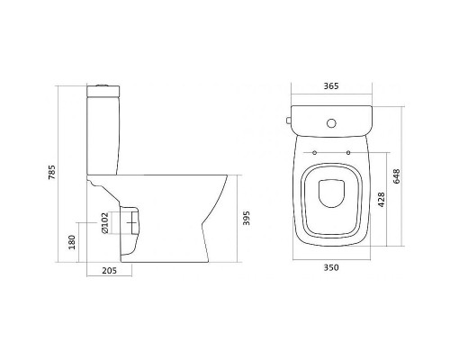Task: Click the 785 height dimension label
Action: tap(52, 172)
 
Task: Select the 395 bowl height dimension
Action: tap(246, 218)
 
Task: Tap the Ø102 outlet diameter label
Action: tap(104, 223)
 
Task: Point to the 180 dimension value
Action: tap(72, 242)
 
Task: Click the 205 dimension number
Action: tap(109, 271)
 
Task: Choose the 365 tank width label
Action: tap(331, 86)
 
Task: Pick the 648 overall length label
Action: tap(397, 176)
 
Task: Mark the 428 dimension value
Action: tap(381, 200)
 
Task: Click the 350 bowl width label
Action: tap(331, 267)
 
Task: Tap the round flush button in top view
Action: tap(331, 123)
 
